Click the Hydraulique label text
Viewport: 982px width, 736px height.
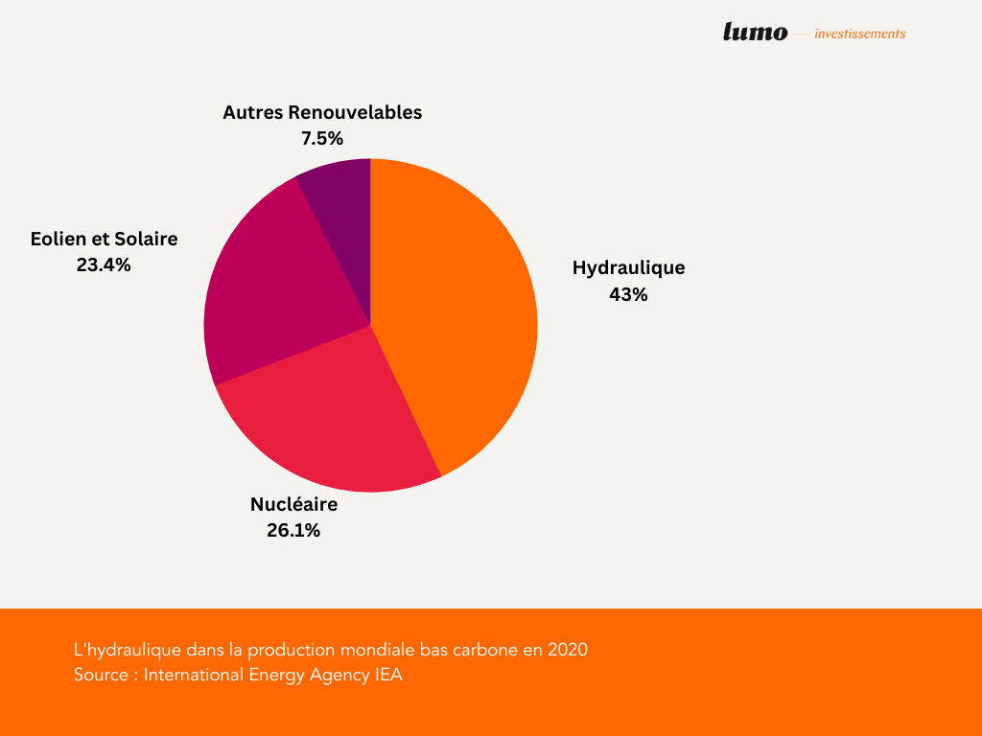[628, 267]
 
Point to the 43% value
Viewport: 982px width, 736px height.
[628, 295]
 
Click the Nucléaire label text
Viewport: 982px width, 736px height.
[293, 504]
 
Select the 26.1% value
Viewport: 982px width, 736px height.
[293, 531]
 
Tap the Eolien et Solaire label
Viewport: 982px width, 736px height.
[104, 239]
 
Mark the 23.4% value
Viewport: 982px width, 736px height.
[104, 265]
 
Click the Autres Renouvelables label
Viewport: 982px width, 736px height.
[322, 112]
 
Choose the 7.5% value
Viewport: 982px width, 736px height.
[322, 139]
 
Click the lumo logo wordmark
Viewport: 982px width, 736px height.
[755, 33]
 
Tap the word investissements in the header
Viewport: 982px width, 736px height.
[859, 34]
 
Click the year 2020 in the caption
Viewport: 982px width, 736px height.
[568, 650]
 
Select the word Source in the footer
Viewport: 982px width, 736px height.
[101, 675]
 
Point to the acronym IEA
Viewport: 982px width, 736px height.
[387, 675]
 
